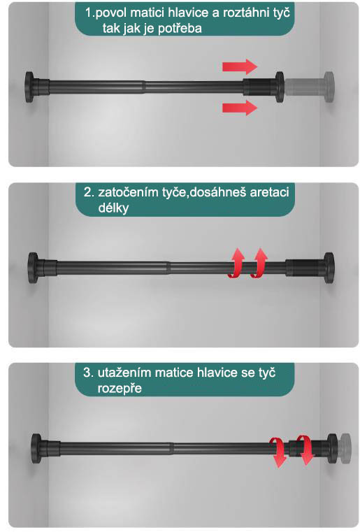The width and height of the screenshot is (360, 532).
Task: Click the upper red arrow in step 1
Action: [x=240, y=66]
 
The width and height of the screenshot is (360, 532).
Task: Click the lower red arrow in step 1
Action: [x=240, y=108]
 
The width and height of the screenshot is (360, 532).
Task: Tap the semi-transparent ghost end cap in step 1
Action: [x=310, y=87]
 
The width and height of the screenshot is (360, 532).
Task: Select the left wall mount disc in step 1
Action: [x=29, y=87]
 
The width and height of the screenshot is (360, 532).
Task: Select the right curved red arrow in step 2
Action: [x=259, y=264]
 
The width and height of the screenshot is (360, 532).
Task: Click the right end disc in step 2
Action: [x=329, y=268]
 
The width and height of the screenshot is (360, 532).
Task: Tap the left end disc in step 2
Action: [x=33, y=268]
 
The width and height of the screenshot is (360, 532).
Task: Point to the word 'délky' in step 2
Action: [x=113, y=208]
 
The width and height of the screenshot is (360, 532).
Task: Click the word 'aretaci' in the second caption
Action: [x=269, y=192]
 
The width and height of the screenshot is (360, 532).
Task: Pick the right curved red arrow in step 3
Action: [x=304, y=450]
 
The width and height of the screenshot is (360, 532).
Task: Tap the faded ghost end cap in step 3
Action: [x=345, y=448]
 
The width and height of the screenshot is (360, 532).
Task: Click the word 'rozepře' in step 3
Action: [x=120, y=389]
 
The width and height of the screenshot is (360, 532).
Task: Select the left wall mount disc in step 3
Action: [x=36, y=448]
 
